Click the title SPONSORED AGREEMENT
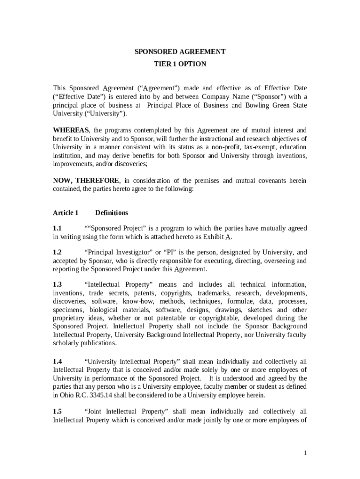click(180, 52)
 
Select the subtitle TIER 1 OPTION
click(180, 64)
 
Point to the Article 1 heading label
click(65, 213)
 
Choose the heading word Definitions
click(112, 213)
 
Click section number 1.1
click(57, 228)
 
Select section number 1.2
click(57, 253)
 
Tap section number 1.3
click(57, 285)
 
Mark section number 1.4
click(57, 362)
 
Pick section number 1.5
click(57, 412)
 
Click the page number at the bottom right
click(305, 453)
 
